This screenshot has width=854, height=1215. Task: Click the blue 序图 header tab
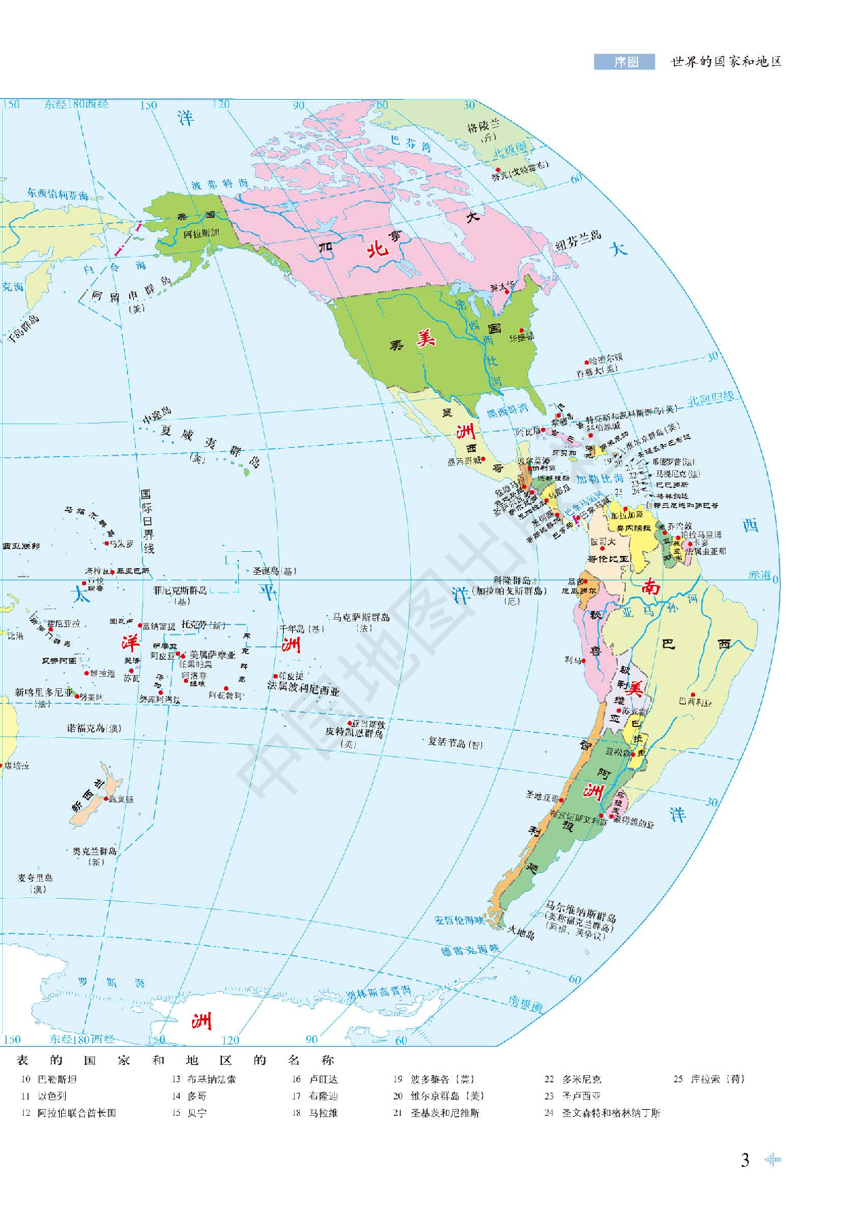625,62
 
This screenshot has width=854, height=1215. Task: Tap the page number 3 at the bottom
745,1160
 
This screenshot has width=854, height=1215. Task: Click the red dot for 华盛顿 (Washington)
521,331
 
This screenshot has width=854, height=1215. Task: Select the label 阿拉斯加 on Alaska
201,233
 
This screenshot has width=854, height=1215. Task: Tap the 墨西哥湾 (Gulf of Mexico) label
507,410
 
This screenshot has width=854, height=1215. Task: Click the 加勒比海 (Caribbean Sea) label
600,479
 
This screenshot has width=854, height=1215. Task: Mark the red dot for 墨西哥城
483,460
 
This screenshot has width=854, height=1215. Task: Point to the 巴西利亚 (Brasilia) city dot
692,695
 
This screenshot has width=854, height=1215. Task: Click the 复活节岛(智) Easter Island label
455,743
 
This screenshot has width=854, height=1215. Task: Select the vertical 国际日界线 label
147,521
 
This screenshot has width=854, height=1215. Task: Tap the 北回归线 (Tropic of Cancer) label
710,398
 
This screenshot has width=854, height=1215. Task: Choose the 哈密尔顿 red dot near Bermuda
587,362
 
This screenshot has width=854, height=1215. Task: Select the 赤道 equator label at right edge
759,575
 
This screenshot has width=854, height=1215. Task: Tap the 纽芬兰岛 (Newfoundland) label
578,240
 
